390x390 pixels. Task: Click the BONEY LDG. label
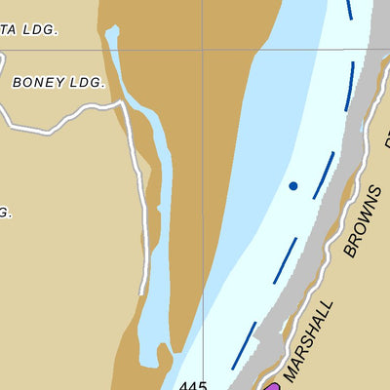tap(58, 83)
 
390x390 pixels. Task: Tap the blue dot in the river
tap(292, 184)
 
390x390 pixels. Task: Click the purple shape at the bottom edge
tap(271, 386)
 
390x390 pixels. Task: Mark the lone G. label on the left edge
tap(5, 213)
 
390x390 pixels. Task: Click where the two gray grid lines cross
tap(202, 49)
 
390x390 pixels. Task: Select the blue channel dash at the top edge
tap(349, 9)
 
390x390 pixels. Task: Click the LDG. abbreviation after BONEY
tap(85, 83)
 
